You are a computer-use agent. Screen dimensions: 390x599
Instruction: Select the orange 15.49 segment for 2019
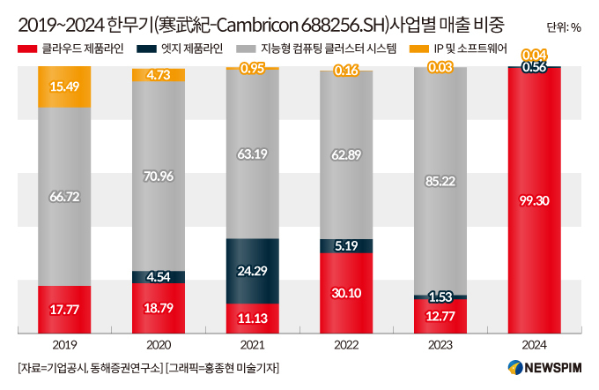point(63,86)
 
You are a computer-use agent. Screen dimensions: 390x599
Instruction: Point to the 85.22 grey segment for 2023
point(440,182)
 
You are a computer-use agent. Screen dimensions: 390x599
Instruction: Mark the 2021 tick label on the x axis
point(253,347)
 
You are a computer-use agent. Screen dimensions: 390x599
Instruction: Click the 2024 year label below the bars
point(535,347)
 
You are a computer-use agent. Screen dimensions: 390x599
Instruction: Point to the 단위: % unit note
point(564,26)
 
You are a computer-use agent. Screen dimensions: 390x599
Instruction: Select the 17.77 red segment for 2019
point(63,310)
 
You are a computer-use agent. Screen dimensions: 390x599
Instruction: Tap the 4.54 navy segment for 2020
point(159,276)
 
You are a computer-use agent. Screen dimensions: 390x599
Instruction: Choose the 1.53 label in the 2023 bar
point(440,296)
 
